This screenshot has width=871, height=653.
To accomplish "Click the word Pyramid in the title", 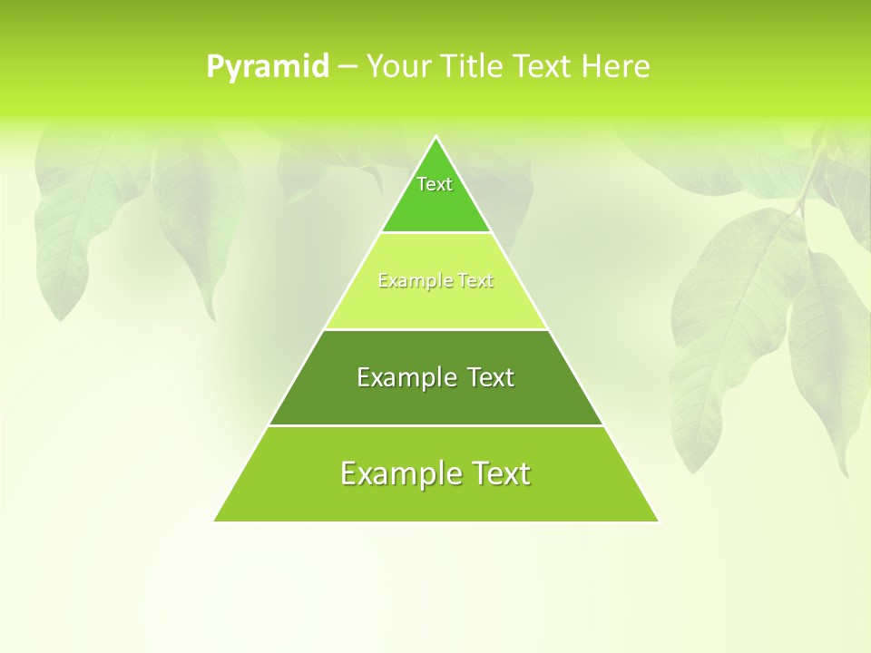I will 268,67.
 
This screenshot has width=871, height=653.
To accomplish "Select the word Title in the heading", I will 476,66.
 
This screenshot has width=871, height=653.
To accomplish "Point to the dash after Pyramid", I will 347,67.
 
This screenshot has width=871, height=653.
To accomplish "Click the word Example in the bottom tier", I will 401,473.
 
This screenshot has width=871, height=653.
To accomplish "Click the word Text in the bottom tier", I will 500,473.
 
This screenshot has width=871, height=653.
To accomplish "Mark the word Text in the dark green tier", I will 491,377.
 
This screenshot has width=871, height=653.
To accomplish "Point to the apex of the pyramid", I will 435,138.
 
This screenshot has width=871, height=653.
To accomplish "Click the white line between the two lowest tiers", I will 435,425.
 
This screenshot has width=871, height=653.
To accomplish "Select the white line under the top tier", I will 435,233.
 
